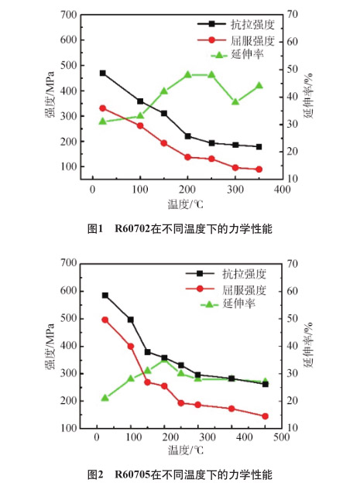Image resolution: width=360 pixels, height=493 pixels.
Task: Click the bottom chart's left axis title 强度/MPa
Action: pos(50,346)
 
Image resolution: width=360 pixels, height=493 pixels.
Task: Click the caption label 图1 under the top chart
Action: pos(95,228)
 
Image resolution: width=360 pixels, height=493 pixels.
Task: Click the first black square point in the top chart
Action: pos(102,73)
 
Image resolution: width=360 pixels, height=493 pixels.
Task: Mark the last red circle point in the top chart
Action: pos(259,169)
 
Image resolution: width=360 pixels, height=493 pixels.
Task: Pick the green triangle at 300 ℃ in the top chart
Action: pos(235,101)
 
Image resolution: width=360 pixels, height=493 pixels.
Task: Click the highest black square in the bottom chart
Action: pos(105,295)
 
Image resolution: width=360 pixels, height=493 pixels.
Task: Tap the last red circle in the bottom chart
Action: pos(265,416)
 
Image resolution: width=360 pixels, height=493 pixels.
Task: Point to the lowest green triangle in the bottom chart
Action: pos(105,398)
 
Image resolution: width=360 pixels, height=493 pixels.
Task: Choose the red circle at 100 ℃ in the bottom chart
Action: pos(130,346)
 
